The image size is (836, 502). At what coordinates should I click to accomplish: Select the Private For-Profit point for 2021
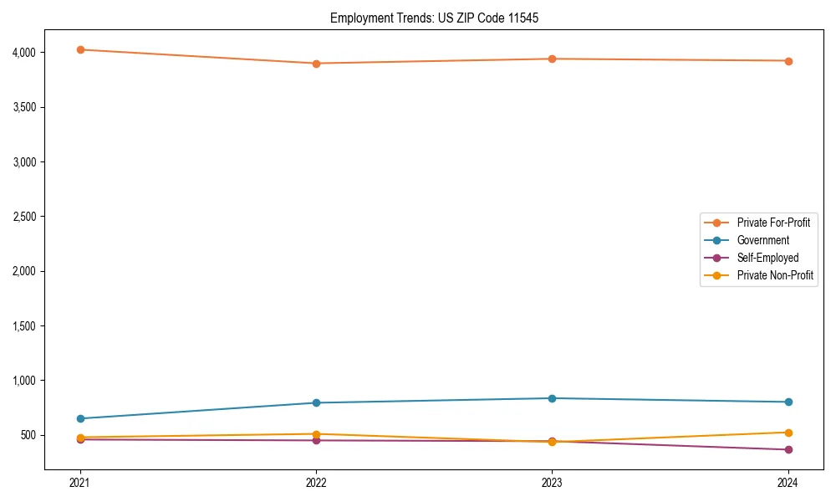pos(80,49)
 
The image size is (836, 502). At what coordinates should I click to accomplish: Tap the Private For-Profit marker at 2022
pos(316,64)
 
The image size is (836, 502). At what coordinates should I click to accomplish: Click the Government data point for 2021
pos(80,418)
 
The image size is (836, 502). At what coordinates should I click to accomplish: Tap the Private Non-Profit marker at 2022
pos(316,434)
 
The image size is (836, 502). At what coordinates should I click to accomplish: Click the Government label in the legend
pos(762,240)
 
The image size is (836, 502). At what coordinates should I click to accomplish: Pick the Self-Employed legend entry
pos(767,258)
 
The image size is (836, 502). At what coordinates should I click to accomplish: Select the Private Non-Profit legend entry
pos(775,275)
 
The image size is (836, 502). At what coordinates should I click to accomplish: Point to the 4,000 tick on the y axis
pos(24,53)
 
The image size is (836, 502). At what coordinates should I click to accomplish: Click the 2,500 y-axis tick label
pos(24,217)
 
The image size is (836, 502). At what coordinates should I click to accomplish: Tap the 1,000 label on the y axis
pos(24,381)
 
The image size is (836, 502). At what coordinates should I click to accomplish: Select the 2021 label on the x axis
pos(80,482)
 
